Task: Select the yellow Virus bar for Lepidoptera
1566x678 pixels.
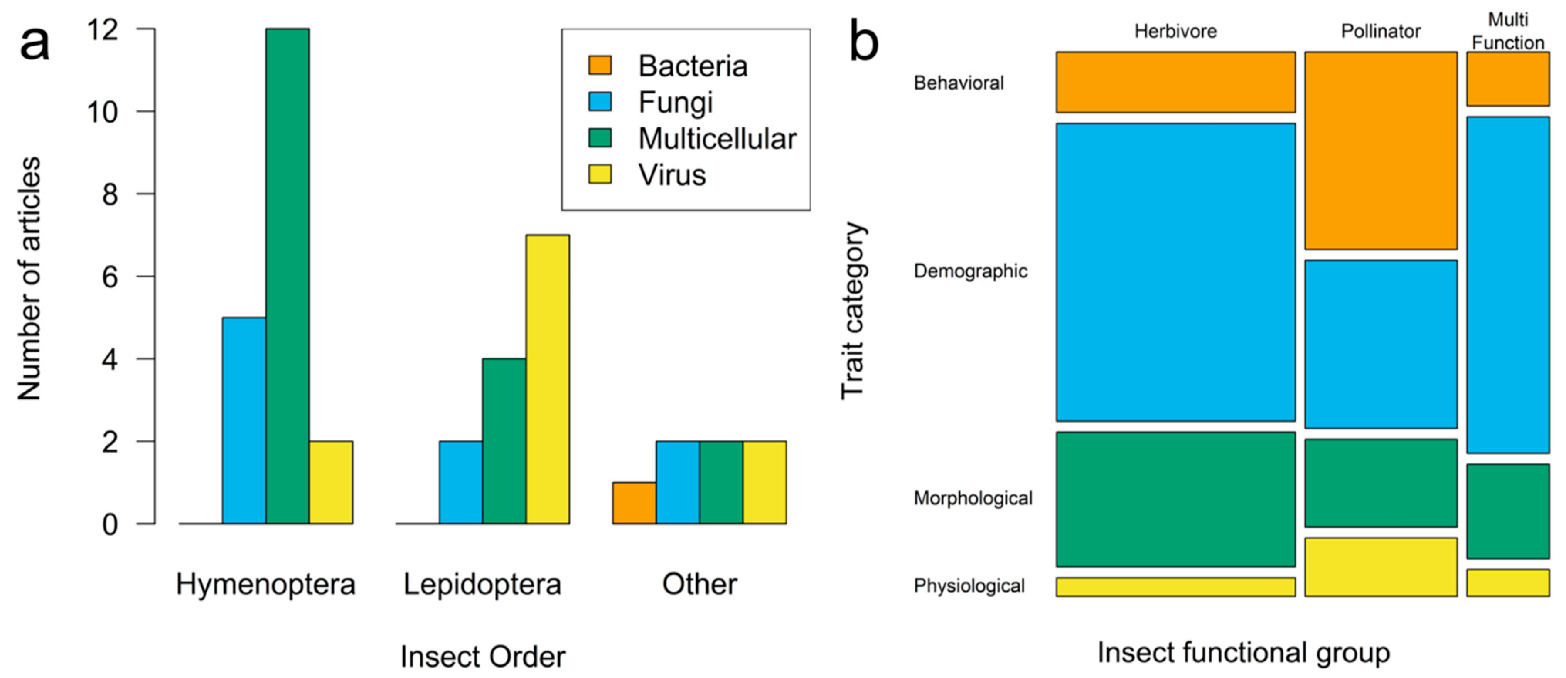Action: tap(547, 379)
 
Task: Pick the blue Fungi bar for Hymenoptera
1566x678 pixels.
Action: tap(244, 420)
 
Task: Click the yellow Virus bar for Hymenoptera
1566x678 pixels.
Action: tap(331, 482)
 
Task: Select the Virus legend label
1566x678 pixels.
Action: tap(672, 175)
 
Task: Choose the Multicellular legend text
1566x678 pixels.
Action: tap(717, 139)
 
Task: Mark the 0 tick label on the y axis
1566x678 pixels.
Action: tap(110, 524)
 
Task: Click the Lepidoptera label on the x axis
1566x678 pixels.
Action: tap(482, 584)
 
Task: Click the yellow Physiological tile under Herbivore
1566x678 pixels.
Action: tap(1175, 587)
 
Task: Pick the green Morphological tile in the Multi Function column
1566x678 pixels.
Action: tap(1508, 511)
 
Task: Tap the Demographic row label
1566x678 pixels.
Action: tap(970, 271)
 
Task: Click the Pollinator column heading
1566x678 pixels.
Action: tap(1381, 31)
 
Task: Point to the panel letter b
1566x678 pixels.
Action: tap(864, 41)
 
